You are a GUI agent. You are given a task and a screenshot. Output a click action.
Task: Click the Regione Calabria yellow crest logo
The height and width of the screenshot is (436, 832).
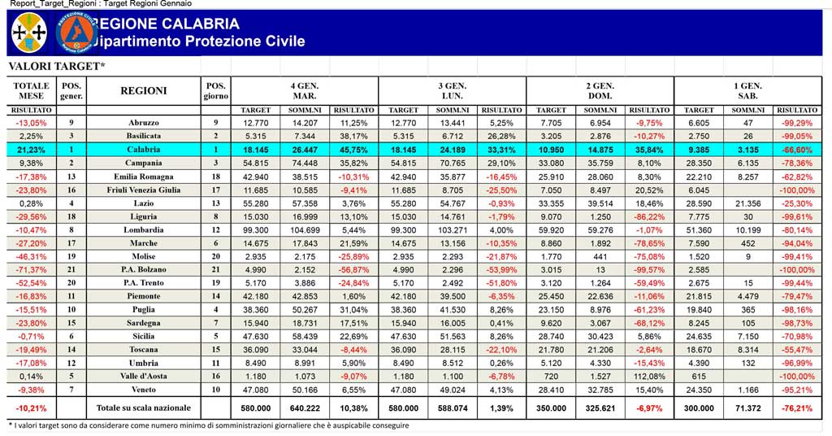click(x=28, y=33)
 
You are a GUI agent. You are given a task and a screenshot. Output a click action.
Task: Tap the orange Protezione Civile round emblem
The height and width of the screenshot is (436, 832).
click(x=77, y=33)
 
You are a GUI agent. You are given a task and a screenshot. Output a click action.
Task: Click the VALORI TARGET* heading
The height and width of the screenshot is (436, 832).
click(x=57, y=67)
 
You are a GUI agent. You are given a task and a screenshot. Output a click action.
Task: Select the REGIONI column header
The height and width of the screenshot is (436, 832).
click(x=144, y=91)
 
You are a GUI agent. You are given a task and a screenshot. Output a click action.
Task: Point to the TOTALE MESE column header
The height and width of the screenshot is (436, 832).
click(x=32, y=91)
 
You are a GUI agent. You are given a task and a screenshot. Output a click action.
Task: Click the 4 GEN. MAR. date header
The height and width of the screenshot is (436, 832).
click(x=304, y=91)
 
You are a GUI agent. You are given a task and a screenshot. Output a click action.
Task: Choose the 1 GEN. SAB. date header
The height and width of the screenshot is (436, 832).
click(x=747, y=91)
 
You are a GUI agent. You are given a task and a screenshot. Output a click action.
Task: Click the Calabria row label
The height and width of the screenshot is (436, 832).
click(x=143, y=150)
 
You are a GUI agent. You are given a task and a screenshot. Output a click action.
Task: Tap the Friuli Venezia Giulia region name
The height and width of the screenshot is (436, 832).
click(x=143, y=190)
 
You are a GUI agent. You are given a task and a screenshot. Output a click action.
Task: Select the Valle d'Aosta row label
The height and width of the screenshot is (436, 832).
click(x=143, y=376)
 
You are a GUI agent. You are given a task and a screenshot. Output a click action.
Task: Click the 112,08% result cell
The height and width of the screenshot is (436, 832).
click(x=649, y=377)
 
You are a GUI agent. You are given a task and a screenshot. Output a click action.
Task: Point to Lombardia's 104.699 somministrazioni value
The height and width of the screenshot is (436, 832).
click(x=305, y=230)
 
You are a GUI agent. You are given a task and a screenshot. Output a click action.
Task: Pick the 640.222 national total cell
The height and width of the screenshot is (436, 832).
click(x=305, y=408)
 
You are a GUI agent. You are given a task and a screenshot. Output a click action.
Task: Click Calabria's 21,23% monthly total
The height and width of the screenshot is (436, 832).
click(x=32, y=150)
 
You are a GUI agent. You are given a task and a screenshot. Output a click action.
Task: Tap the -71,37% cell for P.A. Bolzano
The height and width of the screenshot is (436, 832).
click(x=32, y=270)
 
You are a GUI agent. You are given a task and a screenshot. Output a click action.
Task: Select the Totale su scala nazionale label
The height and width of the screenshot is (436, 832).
click(x=143, y=408)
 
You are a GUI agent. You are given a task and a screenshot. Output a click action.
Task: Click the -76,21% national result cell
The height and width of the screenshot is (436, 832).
click(x=797, y=408)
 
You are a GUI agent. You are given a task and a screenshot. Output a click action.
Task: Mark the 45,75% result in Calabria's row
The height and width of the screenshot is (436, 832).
click(x=353, y=150)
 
